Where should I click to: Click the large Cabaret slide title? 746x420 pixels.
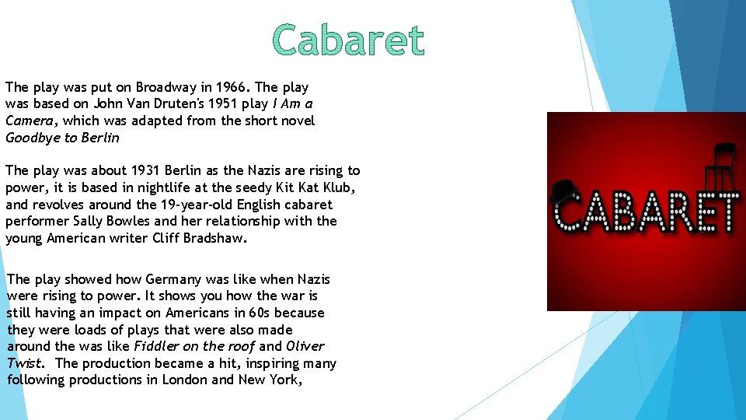tap(349, 41)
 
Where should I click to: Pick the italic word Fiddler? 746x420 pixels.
tap(156, 346)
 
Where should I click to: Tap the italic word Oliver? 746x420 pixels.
tap(305, 346)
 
